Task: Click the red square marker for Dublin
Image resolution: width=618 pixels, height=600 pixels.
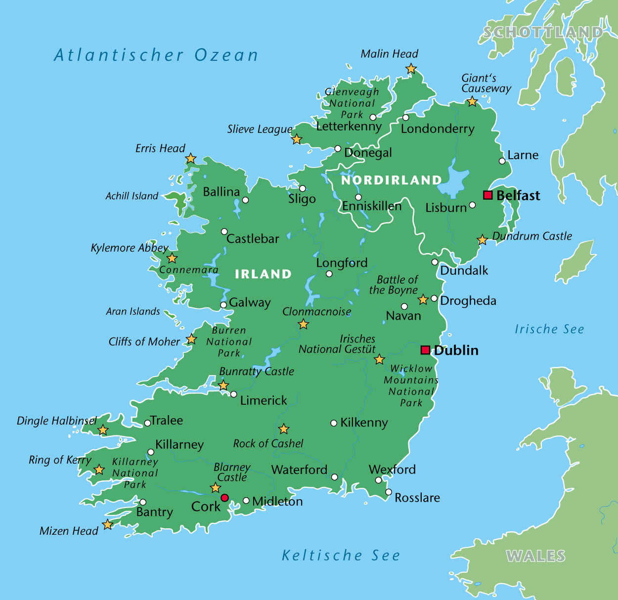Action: click(425, 350)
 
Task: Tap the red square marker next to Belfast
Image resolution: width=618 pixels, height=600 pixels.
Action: click(487, 195)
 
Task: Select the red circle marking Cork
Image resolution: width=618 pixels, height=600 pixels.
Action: click(224, 498)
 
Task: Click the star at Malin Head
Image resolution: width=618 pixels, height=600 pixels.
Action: click(411, 69)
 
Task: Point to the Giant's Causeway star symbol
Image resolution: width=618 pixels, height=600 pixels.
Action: click(472, 101)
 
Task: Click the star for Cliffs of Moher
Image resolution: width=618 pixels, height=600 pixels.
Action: click(191, 340)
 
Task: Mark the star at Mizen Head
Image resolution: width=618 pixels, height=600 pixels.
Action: click(107, 524)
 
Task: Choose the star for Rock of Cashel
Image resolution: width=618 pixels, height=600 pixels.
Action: click(283, 429)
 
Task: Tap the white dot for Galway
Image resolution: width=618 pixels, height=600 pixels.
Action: click(223, 305)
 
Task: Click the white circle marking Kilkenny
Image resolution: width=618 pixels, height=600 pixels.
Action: click(334, 423)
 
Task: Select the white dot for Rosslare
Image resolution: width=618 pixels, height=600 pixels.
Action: click(389, 492)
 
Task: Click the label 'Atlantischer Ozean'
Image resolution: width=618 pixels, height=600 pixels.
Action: click(156, 55)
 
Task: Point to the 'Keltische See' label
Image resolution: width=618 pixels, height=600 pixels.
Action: click(341, 556)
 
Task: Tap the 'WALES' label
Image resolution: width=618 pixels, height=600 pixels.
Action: click(535, 556)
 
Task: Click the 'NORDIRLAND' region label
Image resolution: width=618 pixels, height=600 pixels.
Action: click(391, 180)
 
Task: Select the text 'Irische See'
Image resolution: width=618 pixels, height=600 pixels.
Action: click(549, 329)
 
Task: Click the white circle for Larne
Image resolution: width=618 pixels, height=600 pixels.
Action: click(502, 161)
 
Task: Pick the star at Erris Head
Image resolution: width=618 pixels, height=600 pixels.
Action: click(190, 159)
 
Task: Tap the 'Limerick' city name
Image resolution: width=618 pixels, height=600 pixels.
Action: click(264, 400)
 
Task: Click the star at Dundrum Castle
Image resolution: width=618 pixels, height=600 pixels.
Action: click(482, 240)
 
